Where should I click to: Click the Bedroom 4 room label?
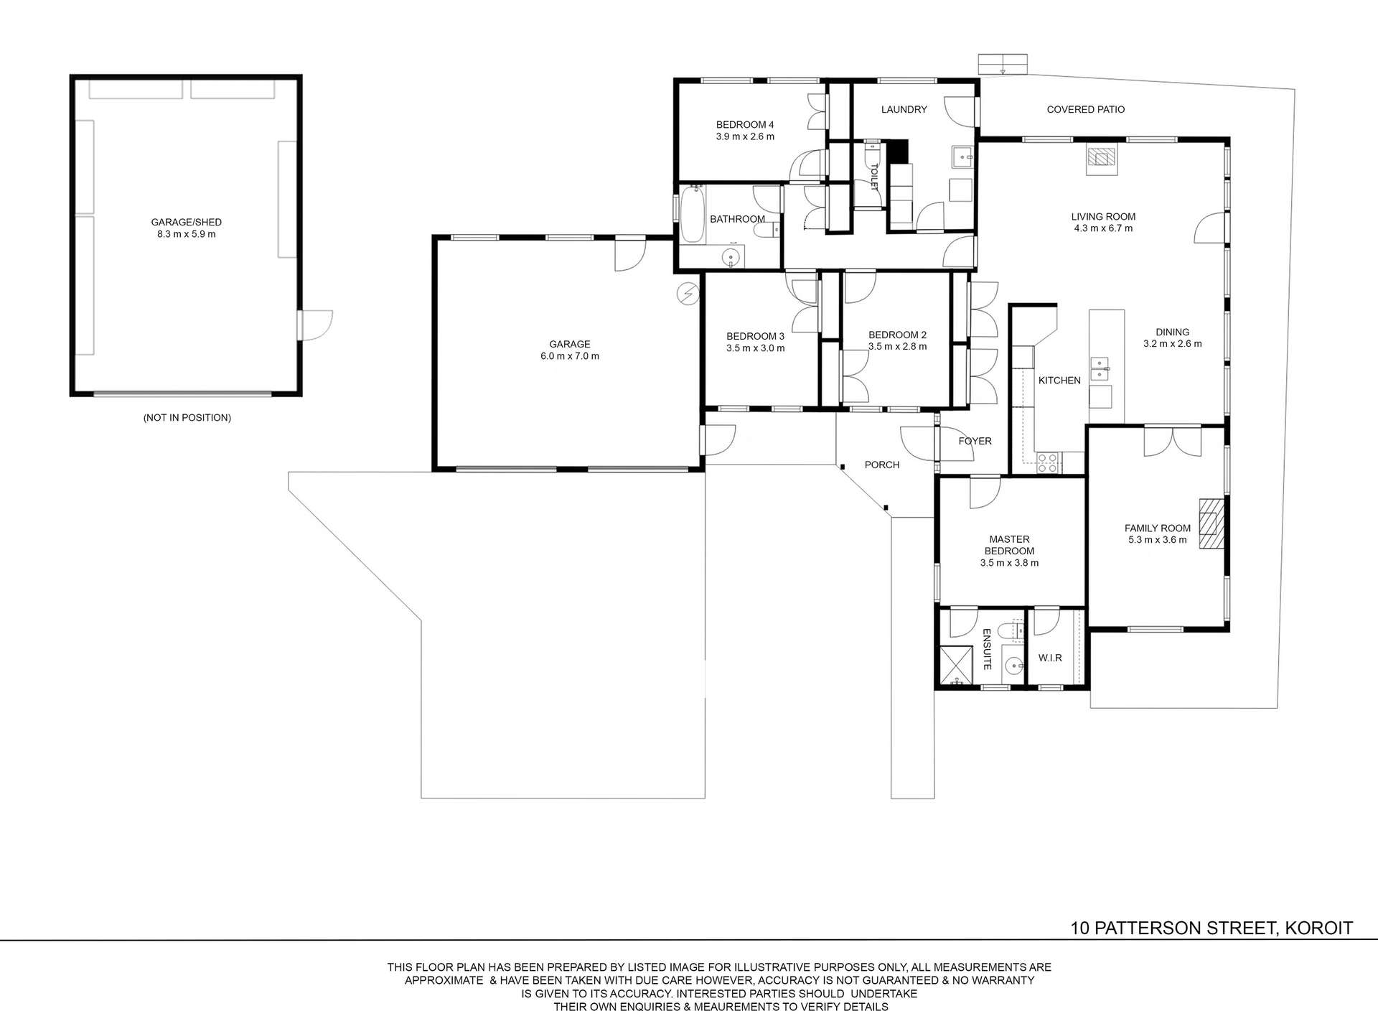pyautogui.click(x=744, y=124)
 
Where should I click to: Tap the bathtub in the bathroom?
pyautogui.click(x=693, y=214)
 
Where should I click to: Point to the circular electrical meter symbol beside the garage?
pyautogui.click(x=688, y=292)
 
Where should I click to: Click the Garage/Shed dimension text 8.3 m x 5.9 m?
pyautogui.click(x=186, y=234)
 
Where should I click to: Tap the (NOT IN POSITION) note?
pyautogui.click(x=187, y=417)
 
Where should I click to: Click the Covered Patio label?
pyautogui.click(x=1085, y=110)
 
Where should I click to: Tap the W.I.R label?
pyautogui.click(x=1049, y=658)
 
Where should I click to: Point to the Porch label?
pyautogui.click(x=881, y=465)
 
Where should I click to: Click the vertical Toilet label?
pyautogui.click(x=874, y=177)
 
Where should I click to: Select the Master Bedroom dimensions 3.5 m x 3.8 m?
pyautogui.click(x=1009, y=563)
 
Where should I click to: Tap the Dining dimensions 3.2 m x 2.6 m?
pyautogui.click(x=1172, y=344)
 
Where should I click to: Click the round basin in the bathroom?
pyautogui.click(x=731, y=258)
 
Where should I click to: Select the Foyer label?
pyautogui.click(x=975, y=441)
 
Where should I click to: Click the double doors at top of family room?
pyautogui.click(x=1172, y=441)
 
